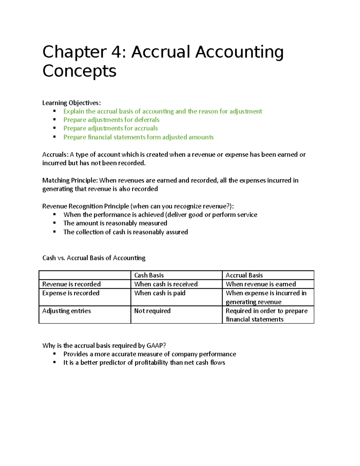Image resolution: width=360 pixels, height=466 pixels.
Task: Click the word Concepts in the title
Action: click(79, 71)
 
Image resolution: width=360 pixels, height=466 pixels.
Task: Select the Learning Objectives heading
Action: click(71, 103)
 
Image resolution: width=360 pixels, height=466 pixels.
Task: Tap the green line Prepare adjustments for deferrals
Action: click(111, 120)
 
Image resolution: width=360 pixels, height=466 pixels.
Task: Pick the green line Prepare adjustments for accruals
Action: click(110, 128)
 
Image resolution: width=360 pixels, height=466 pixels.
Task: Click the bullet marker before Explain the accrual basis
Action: click(55, 111)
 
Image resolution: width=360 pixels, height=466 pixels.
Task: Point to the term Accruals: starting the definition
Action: click(55, 155)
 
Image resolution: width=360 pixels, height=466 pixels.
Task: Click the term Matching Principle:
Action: click(70, 180)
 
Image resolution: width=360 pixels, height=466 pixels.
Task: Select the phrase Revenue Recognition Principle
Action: click(85, 206)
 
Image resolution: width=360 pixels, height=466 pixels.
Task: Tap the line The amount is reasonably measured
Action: click(115, 223)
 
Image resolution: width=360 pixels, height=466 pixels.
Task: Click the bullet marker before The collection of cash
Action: click(55, 232)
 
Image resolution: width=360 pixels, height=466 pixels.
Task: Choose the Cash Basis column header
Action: click(149, 275)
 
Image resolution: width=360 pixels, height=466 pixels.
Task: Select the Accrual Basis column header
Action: click(244, 275)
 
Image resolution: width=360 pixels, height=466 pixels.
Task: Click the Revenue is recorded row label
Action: click(71, 284)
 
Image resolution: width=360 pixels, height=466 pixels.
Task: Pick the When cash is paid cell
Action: click(160, 293)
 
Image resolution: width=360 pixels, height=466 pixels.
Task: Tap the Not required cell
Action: click(152, 311)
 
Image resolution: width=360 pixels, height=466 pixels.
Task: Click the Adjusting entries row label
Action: click(66, 311)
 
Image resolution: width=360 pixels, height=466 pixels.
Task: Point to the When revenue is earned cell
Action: click(260, 284)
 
